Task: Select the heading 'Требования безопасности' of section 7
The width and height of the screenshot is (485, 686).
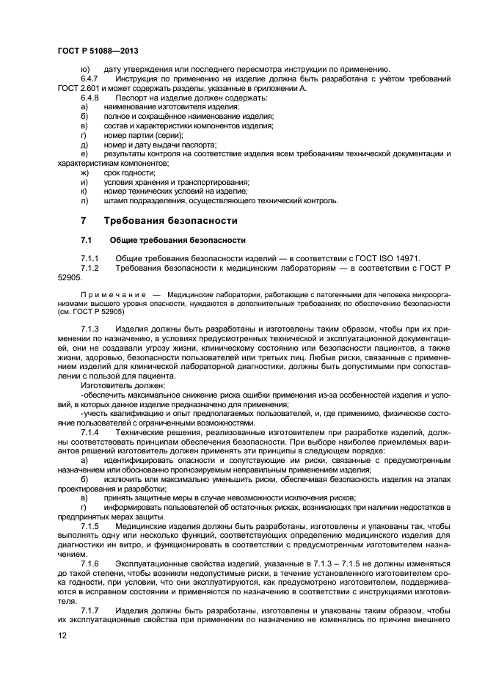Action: click(x=170, y=221)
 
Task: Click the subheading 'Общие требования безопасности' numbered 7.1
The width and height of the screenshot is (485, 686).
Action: click(x=177, y=241)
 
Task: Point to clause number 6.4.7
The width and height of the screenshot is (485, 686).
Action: click(x=90, y=79)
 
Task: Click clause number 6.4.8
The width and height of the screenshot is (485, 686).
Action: click(x=90, y=98)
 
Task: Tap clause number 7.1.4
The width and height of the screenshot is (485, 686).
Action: click(x=90, y=432)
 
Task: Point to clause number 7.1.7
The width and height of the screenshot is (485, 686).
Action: click(x=90, y=612)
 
